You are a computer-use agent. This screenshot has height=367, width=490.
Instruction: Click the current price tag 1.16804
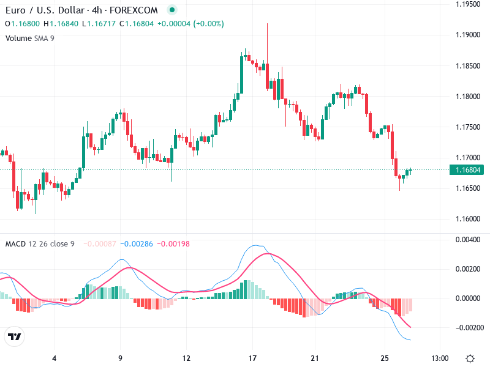coord(469,170)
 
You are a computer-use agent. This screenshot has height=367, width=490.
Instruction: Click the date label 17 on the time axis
coord(252,358)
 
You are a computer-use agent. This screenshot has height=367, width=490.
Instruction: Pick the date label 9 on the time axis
coord(120,358)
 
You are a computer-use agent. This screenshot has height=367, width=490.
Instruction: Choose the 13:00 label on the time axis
coord(440,358)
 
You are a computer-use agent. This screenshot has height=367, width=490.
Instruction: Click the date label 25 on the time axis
coord(385,358)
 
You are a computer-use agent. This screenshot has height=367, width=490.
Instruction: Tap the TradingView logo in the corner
coord(15,337)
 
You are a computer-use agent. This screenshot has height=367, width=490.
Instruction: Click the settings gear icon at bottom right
coord(470,358)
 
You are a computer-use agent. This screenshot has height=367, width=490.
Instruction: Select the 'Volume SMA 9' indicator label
coord(29,38)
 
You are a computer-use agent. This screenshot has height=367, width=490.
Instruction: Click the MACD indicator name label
coord(15,244)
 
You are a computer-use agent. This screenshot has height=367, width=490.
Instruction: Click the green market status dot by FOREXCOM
coord(171,10)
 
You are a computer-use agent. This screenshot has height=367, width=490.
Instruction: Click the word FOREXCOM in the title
coord(134,10)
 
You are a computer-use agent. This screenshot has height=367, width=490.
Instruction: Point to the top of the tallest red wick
coord(268,23)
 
